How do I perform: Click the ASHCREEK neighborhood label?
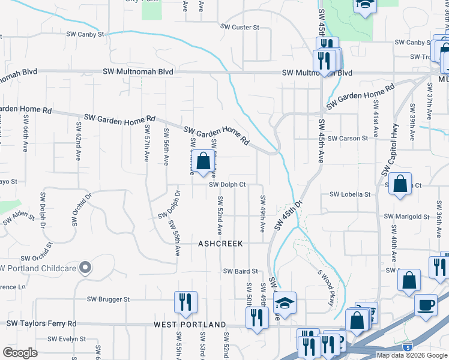[221, 244]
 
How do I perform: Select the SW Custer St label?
[240, 27]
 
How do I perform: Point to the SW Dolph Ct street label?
[228, 184]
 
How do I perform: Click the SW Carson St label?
[348, 139]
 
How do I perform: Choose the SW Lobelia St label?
[350, 194]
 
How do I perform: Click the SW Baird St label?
[240, 271]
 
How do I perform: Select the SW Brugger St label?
[108, 299]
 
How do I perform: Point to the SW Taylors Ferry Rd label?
[41, 323]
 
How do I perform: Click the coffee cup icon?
[426, 305]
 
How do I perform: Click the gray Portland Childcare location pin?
[85, 267]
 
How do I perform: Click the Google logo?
[20, 353]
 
